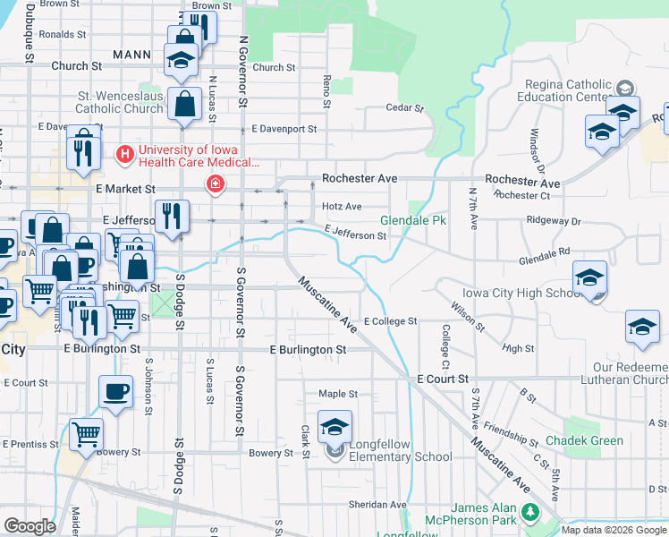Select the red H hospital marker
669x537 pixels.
(x=125, y=155)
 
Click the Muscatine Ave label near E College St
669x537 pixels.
(x=327, y=305)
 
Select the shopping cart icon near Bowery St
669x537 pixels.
(x=86, y=435)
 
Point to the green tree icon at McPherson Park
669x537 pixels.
(x=530, y=513)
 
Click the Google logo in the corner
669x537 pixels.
(x=30, y=525)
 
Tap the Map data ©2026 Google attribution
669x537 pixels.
(x=614, y=530)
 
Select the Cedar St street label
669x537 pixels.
(x=403, y=108)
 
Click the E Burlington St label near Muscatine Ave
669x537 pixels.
(x=308, y=350)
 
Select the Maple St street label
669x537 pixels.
(x=338, y=394)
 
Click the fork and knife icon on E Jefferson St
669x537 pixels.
(x=170, y=216)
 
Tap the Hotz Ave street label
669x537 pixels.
(x=342, y=206)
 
